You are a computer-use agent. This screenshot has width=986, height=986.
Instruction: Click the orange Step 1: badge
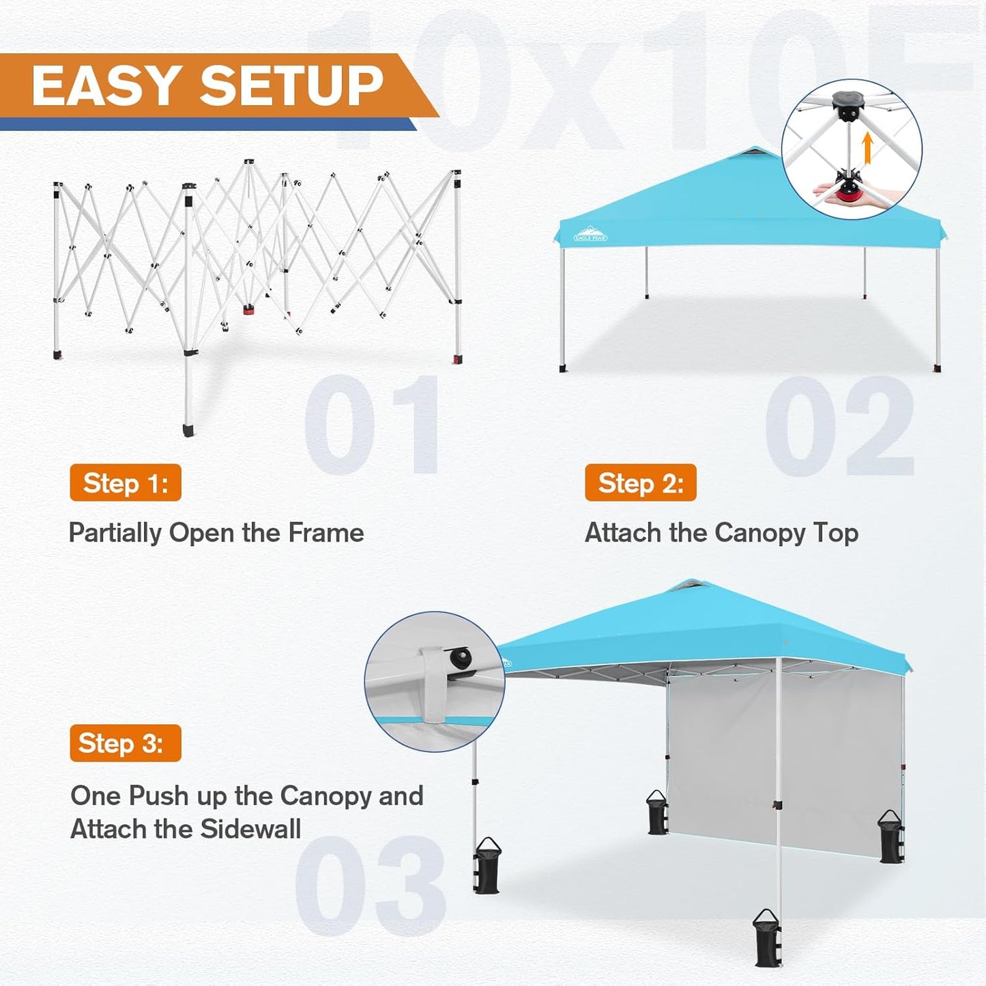click(126, 482)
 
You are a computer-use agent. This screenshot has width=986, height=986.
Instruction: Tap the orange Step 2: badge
click(640, 482)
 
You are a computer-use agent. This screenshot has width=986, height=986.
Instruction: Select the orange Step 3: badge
click(126, 743)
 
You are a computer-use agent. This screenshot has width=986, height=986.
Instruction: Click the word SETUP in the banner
click(291, 86)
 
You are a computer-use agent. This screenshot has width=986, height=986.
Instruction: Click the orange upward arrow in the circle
click(867, 148)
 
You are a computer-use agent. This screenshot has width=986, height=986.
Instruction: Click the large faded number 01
click(373, 424)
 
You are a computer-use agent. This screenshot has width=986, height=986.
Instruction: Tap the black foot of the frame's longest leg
click(188, 430)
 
